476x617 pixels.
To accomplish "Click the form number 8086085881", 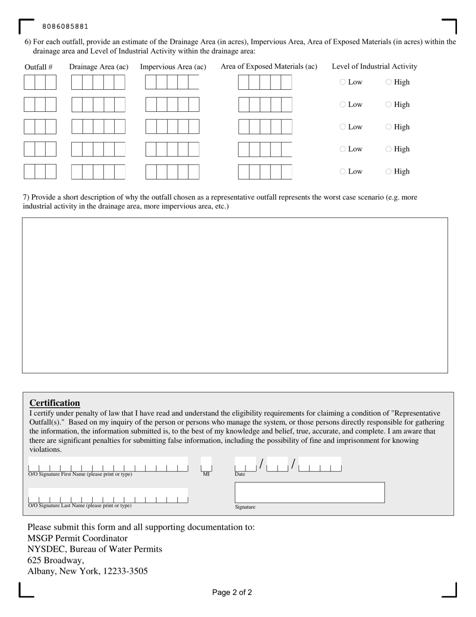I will (65, 27).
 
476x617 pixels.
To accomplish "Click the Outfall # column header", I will (39, 67).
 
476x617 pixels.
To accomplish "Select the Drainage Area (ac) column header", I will (99, 67).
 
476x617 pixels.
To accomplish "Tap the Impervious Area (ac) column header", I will (173, 67).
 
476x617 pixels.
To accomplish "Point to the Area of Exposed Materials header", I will (269, 66).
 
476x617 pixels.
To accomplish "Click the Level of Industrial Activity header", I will (374, 66).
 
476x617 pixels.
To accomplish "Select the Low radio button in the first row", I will (343, 82).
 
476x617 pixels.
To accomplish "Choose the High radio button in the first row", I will (389, 82).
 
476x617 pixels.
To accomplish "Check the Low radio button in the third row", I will (343, 127).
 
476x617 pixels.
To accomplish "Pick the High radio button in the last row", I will (389, 172).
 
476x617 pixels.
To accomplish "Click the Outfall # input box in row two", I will (40, 104).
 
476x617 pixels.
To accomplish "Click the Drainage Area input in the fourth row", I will (98, 149).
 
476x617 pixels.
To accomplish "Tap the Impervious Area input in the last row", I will (172, 172).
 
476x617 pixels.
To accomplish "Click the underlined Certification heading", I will (55, 403).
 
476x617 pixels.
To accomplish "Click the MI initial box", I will (206, 465).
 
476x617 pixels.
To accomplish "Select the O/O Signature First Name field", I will (108, 465).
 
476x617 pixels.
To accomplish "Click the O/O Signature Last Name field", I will (108, 496).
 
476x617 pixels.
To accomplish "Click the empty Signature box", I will (310, 493).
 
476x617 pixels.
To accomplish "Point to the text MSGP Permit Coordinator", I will (77, 538).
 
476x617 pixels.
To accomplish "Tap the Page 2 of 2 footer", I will (232, 592).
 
